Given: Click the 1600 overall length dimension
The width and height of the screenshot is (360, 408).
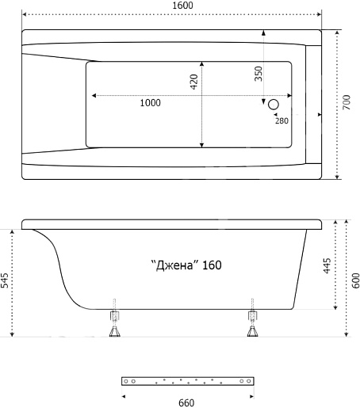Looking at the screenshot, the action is (x=182, y=6).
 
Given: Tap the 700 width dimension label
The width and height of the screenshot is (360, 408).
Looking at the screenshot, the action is (x=347, y=102).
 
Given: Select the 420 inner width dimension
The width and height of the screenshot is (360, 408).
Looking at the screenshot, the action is (x=193, y=82).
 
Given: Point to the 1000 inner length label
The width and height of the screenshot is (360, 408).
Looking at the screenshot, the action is (x=150, y=103).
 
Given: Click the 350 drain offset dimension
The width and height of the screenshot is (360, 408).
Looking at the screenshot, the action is (x=259, y=74).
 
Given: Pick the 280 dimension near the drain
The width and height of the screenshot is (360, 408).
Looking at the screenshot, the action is (x=281, y=120).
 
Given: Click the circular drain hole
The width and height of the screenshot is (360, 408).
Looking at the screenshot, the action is (x=274, y=105).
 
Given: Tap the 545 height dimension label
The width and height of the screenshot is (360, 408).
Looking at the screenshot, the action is (x=5, y=280).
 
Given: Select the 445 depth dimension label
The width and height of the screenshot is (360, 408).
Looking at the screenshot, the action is (x=327, y=266).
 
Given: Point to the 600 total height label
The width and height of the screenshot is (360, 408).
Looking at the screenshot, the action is (x=356, y=280).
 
